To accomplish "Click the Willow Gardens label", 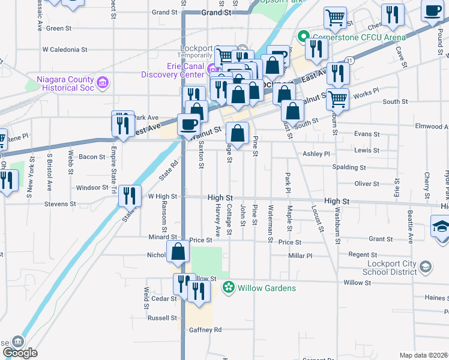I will click(x=267, y=288).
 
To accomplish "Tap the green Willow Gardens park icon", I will click(x=228, y=288).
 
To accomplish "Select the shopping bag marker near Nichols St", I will click(x=179, y=253).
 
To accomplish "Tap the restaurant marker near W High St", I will click(x=129, y=195).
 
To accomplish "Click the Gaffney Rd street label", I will click(x=205, y=329).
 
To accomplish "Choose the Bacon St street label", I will click(x=92, y=157).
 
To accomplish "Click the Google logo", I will click(x=20, y=353).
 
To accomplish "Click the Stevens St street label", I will click(x=61, y=204).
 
